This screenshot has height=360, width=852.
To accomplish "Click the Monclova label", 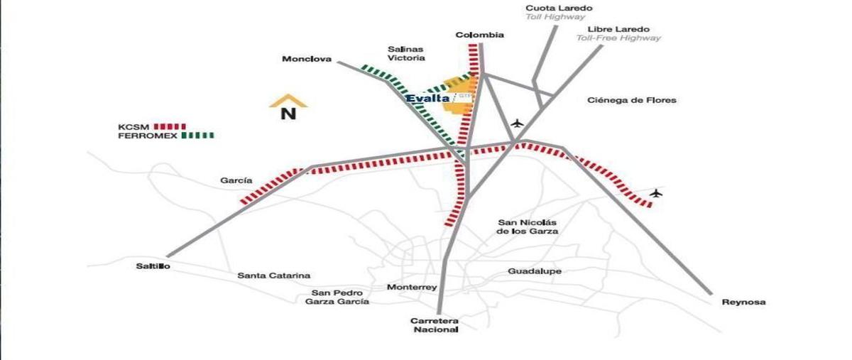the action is [307, 59].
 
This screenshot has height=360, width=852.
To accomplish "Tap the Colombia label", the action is [480, 35].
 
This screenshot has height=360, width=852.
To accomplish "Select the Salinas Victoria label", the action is [406, 54].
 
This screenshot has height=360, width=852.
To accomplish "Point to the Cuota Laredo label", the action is [559, 8].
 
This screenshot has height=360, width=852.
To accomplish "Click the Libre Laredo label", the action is [618, 29].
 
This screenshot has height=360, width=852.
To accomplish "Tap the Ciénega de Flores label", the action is [632, 100].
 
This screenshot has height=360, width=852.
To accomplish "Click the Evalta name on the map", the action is [428, 99].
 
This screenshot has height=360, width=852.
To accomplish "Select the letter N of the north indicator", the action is [288, 114].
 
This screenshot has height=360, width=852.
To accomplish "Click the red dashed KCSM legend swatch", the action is [170, 126].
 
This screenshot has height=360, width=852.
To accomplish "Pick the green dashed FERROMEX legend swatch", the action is [198, 136].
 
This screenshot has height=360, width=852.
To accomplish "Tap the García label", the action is [236, 180].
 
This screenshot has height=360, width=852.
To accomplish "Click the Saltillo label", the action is [153, 266].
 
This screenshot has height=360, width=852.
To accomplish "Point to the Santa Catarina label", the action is [274, 276].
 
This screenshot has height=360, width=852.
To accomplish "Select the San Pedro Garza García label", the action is [337, 298].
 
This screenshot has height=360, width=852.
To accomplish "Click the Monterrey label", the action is [412, 288].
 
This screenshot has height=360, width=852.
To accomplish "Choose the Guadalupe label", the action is [535, 271].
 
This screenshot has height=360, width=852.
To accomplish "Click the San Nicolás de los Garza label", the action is [528, 227].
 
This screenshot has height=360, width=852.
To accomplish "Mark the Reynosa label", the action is [743, 302].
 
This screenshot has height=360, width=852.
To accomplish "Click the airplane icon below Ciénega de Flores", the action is [517, 124].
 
